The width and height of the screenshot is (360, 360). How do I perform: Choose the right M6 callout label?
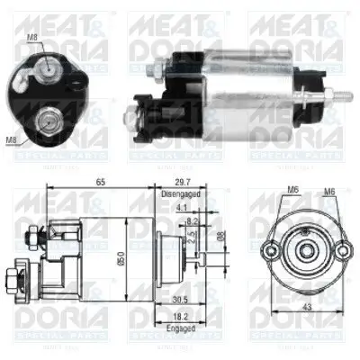coord(329,191)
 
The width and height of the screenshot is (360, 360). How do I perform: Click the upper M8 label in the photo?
coord(33,37)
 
